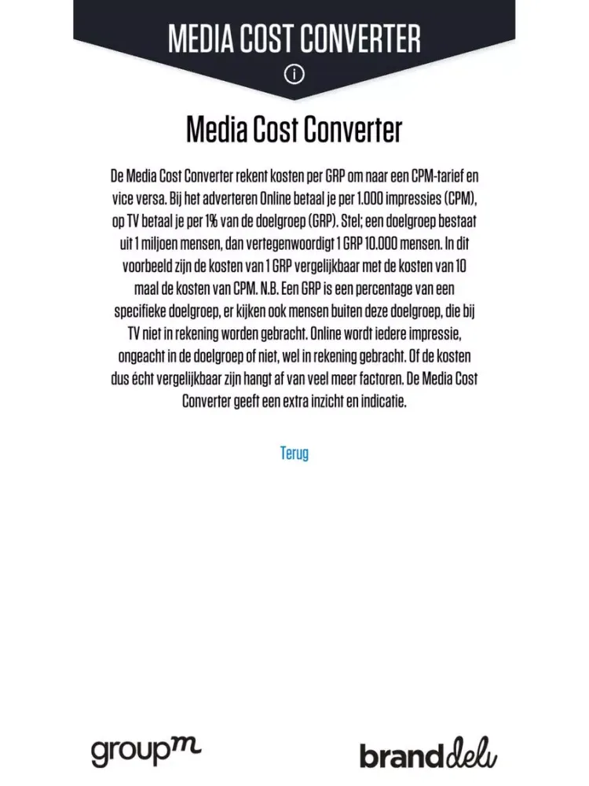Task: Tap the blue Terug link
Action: coord(294,454)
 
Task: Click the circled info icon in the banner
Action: coord(294,75)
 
